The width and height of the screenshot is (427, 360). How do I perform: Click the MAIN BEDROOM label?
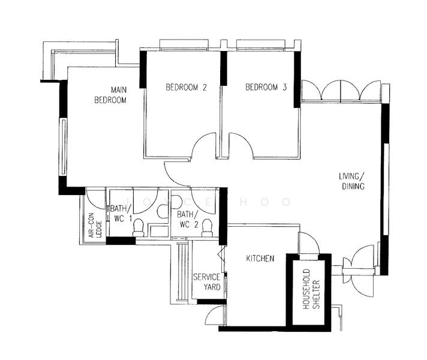click(110, 95)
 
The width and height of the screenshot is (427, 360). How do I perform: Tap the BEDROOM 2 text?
click(186, 88)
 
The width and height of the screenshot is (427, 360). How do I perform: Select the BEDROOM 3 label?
click(266, 88)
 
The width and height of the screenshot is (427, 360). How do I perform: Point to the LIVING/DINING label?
click(351, 181)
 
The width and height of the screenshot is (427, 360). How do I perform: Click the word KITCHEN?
click(260, 259)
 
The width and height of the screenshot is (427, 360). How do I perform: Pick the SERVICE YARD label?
click(206, 282)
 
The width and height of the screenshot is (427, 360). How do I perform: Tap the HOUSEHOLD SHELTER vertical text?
click(310, 293)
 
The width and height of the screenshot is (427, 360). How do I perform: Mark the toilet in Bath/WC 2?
click(208, 227)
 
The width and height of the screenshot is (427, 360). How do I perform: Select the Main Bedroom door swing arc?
click(176, 175)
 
